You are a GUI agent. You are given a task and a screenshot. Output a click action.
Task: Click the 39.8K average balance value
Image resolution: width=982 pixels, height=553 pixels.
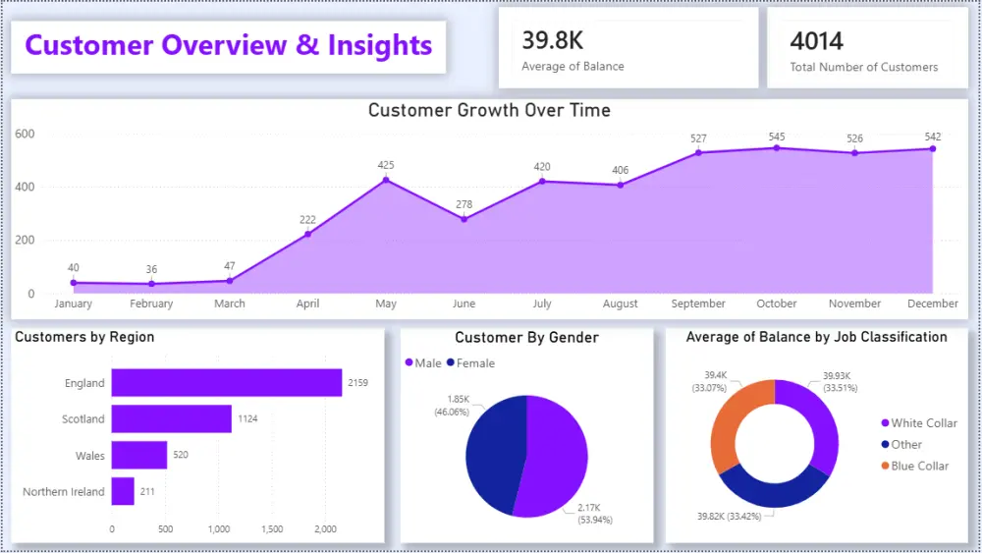(x=553, y=40)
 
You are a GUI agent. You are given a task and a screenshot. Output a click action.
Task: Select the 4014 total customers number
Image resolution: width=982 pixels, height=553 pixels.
(x=816, y=40)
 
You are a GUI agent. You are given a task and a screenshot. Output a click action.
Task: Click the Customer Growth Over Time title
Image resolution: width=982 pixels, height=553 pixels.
(x=489, y=110)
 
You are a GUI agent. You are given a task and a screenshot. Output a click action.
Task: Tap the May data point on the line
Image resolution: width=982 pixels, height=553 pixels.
(x=386, y=180)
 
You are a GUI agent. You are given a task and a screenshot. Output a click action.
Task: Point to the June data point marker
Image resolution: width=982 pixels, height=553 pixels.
(x=464, y=219)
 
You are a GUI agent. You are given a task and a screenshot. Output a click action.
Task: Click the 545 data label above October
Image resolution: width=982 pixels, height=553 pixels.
(x=777, y=137)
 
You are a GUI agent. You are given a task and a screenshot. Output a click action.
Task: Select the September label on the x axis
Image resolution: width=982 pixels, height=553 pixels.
(x=698, y=304)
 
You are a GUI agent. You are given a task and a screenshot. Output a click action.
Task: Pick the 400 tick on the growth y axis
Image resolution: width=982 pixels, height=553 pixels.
(x=25, y=187)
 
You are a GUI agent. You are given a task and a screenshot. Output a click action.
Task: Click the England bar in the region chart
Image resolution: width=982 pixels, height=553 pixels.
(x=226, y=382)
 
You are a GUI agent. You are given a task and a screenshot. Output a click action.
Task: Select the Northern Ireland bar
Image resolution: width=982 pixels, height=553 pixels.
(x=123, y=491)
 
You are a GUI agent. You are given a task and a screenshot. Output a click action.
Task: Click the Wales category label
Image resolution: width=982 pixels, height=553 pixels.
(x=89, y=456)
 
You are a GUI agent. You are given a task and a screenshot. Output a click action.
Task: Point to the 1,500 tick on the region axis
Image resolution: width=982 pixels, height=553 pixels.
(x=272, y=529)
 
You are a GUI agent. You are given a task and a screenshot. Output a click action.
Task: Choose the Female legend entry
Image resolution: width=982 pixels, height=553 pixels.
(x=471, y=363)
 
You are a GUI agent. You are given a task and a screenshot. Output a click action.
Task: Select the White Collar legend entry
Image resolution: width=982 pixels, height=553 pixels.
(x=923, y=423)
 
